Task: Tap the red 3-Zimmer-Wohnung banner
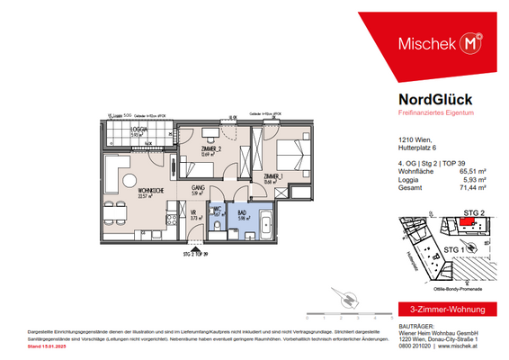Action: (x=440, y=310)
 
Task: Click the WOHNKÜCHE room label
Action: (x=124, y=192)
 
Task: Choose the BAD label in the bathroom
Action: (x=242, y=211)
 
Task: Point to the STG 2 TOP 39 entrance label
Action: (x=194, y=254)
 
